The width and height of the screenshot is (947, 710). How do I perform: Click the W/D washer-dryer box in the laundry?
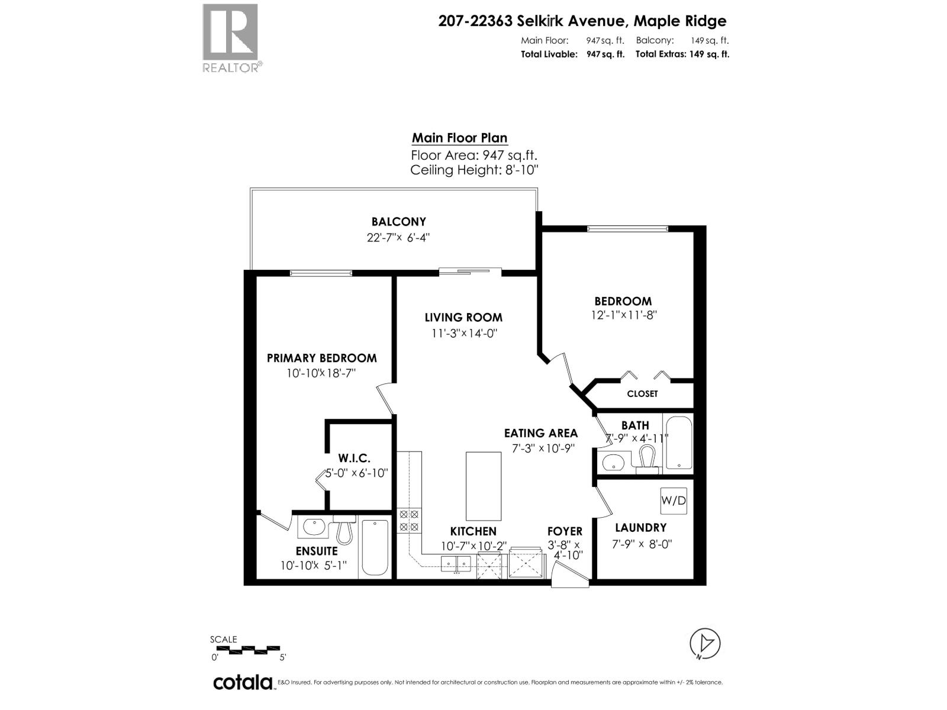(x=674, y=501)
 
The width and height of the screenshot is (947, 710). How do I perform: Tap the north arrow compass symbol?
(x=705, y=643)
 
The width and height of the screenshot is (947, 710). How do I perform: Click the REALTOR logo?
(x=231, y=37)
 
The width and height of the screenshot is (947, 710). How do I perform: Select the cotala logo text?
(x=243, y=682)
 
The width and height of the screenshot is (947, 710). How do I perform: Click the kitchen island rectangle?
(x=484, y=486)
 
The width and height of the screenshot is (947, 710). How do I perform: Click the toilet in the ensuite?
(x=344, y=531)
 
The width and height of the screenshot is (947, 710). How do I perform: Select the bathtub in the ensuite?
(x=374, y=547)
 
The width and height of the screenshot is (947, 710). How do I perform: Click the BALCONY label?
(x=398, y=222)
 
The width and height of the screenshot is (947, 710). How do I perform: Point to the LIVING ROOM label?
(x=463, y=318)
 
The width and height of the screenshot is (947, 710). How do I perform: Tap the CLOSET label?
(x=642, y=394)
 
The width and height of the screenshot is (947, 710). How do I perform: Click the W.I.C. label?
(x=355, y=458)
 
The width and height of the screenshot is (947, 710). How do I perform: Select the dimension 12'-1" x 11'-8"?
(x=624, y=315)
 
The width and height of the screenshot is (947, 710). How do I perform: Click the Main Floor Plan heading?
(x=459, y=138)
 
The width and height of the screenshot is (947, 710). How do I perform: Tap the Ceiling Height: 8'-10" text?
(x=474, y=170)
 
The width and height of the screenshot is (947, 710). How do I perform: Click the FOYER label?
(x=565, y=531)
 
